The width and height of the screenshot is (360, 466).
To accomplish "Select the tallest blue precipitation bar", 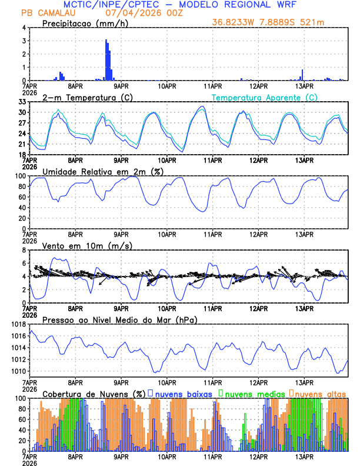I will click(x=106, y=59).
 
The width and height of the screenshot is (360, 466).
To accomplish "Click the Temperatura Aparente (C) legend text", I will click(x=265, y=97).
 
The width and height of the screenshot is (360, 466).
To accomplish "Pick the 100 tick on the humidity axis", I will click(x=20, y=176).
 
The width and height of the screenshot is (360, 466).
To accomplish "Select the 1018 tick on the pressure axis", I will click(x=18, y=324).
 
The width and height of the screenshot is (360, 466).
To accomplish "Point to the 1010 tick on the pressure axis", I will click(x=18, y=371).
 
